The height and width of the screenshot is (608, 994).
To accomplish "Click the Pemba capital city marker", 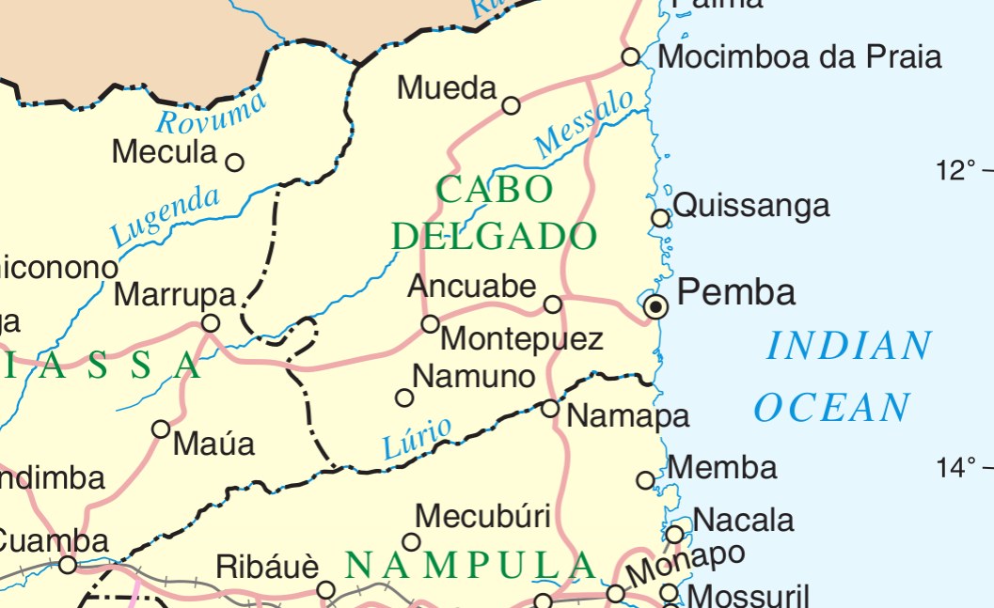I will coord(656,305).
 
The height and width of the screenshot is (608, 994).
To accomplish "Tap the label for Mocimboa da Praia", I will coord(798,57).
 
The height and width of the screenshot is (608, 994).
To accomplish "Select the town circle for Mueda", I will coord(511,105).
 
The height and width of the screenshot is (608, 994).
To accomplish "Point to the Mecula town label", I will coord(165,150).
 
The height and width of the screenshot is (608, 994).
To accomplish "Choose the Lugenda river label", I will coord(166,217).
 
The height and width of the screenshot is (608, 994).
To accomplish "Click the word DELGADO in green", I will coord(494,237).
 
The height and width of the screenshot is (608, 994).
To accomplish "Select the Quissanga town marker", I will coord(660,219).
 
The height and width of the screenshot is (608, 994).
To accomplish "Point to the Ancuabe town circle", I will coord(553,304).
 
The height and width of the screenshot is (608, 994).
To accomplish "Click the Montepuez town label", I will coord(521,338).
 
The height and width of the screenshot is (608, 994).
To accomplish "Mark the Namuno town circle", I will coord(404,398).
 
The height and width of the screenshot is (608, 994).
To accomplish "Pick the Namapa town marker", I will coord(550,408).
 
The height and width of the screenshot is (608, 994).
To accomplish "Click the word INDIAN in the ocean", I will coord(848,346).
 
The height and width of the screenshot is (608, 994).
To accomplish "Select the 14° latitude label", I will coord(956,466).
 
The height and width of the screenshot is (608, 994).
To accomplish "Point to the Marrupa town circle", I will coord(211,323).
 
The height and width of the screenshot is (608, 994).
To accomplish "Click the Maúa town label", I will coord(214,443).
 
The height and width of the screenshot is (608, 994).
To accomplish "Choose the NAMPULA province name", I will coord(470,566).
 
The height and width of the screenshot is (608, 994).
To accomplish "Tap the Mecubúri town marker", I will coord(411,541).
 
